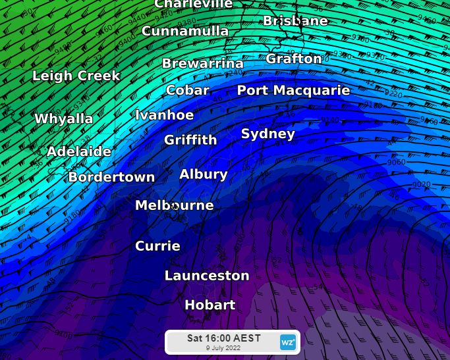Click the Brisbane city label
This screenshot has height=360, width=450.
pyautogui.click(x=295, y=21)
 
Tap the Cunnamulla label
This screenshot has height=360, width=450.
pyautogui.click(x=185, y=32)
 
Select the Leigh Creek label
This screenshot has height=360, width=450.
pyautogui.click(x=76, y=76)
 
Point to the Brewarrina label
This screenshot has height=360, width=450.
pyautogui.click(x=203, y=64)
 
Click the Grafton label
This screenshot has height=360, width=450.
pyautogui.click(x=294, y=59)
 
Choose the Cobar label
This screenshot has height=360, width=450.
pyautogui.click(x=188, y=91)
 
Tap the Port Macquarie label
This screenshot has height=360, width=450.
pyautogui.click(x=293, y=91)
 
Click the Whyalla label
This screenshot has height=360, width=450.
pyautogui.click(x=64, y=119)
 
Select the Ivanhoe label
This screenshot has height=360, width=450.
pyautogui.click(x=164, y=116)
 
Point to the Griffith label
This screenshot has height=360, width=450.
pyautogui.click(x=190, y=140)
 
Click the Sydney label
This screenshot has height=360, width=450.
pyautogui.click(x=268, y=134)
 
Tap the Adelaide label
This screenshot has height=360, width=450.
pyautogui.click(x=79, y=151)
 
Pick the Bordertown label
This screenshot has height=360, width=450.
pyautogui.click(x=111, y=178)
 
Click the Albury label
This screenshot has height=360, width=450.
pyautogui.click(x=204, y=174)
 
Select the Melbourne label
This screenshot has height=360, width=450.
pyautogui.click(x=175, y=206)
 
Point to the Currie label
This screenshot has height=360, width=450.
pyautogui.click(x=157, y=246)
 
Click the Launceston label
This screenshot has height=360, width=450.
pyautogui.click(x=207, y=276)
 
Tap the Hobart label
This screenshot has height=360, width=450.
pyautogui.click(x=210, y=305)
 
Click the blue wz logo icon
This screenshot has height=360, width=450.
pyautogui.click(x=288, y=342)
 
